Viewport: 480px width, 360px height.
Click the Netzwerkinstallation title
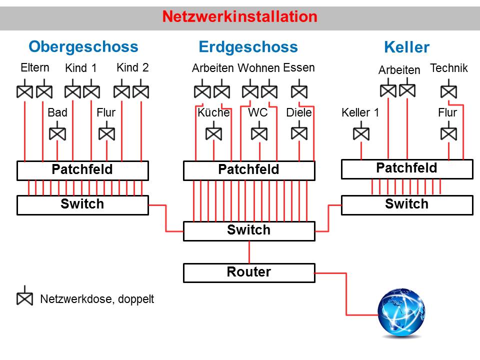[x=239, y=17]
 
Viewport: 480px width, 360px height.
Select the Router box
[x=249, y=272]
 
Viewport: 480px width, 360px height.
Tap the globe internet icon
[x=402, y=312]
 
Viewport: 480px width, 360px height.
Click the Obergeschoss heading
[x=83, y=46]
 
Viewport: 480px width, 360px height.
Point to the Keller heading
[x=406, y=47]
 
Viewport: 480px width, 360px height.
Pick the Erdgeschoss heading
[x=248, y=47]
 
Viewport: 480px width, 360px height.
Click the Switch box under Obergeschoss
[x=82, y=204]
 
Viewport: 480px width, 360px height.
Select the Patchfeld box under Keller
[x=406, y=168]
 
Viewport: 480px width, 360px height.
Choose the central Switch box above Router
[x=249, y=230]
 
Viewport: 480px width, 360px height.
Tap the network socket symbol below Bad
[x=57, y=134]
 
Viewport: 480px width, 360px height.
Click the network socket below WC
[x=259, y=134]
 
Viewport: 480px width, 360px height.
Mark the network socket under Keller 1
[x=361, y=134]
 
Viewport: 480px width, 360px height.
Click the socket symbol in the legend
[x=24, y=298]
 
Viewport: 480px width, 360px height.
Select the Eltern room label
[x=35, y=67]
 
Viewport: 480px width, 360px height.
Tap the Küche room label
[x=213, y=112]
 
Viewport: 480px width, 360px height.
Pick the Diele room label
[x=299, y=112]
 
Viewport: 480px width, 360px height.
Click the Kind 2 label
[x=132, y=67]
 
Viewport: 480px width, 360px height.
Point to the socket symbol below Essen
[x=299, y=92]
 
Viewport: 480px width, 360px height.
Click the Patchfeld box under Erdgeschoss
[x=249, y=170]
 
